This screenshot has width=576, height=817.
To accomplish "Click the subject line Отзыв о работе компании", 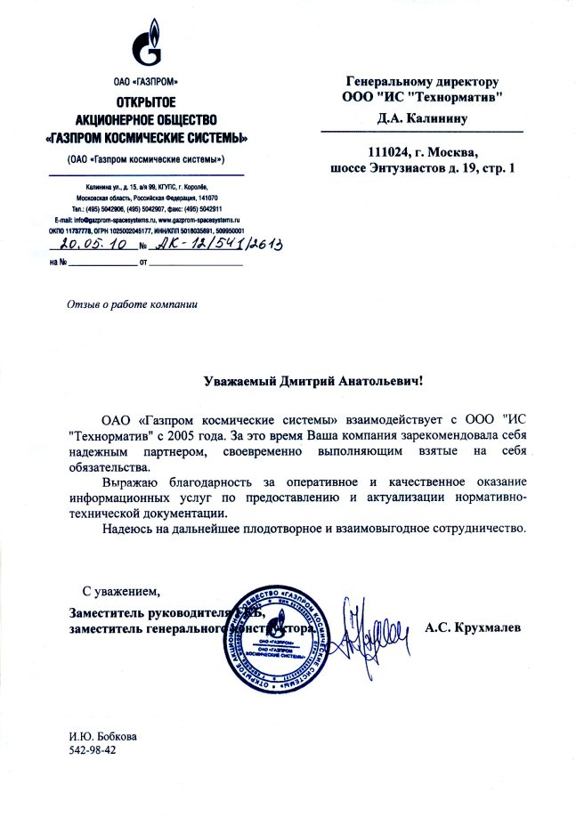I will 131,304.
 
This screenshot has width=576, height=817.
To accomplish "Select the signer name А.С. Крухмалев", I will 473,628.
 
